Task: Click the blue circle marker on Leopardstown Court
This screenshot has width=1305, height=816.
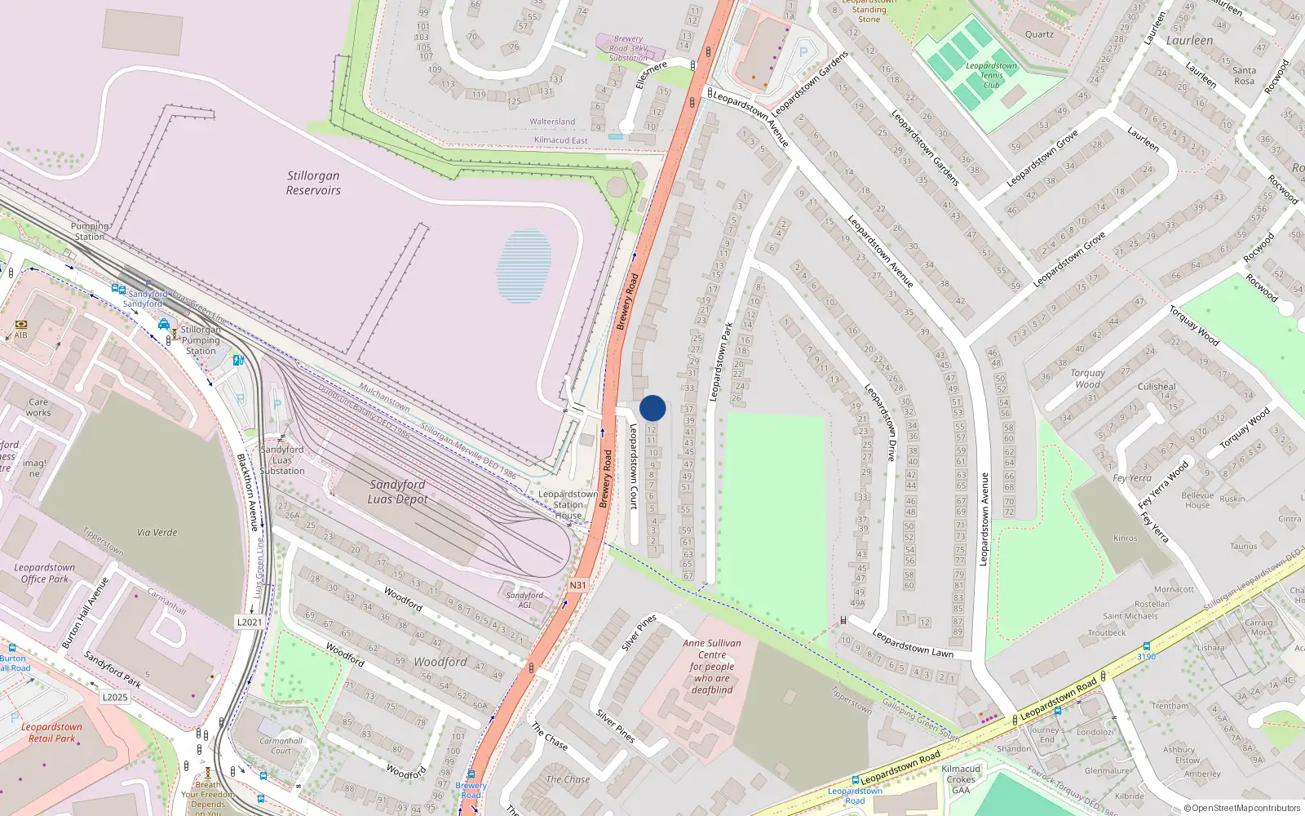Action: pyautogui.click(x=652, y=408)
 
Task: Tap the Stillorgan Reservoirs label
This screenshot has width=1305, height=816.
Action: pyautogui.click(x=313, y=183)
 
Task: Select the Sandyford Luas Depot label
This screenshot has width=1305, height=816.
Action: pyautogui.click(x=397, y=491)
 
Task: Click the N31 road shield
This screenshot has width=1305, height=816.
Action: pyautogui.click(x=577, y=585)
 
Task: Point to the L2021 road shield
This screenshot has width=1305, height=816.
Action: pyautogui.click(x=250, y=622)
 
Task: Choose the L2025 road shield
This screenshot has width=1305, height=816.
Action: pyautogui.click(x=115, y=697)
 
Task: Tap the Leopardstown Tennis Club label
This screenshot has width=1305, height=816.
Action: pyautogui.click(x=991, y=75)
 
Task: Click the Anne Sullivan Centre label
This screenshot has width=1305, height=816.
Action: pyautogui.click(x=712, y=666)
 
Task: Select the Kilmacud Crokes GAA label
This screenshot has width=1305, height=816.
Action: pyautogui.click(x=961, y=779)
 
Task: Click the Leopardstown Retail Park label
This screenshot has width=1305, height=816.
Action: pyautogui.click(x=51, y=732)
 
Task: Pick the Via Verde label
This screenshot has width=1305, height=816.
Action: pyautogui.click(x=157, y=532)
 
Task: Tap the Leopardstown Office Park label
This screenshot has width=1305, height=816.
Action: pyautogui.click(x=45, y=573)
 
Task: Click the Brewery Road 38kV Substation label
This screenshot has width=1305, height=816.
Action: pyautogui.click(x=628, y=48)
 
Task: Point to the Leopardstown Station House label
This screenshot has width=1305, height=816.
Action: pyautogui.click(x=568, y=504)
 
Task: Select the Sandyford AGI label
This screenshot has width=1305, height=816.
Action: pyautogui.click(x=524, y=600)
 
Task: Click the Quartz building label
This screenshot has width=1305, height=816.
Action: pyautogui.click(x=1039, y=34)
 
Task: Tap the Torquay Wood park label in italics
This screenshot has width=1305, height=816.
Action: pyautogui.click(x=1087, y=379)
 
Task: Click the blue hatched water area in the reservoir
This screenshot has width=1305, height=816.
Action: pyautogui.click(x=524, y=266)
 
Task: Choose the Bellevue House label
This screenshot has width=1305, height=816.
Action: pyautogui.click(x=1197, y=500)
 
